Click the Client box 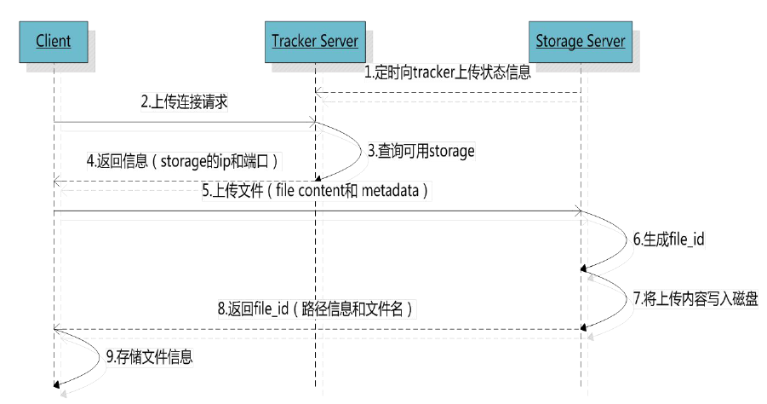(x=54, y=41)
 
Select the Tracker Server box (x=315, y=41)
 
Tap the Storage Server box (x=581, y=41)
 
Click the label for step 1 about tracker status (x=448, y=72)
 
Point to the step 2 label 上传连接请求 (x=184, y=102)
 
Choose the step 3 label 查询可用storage (x=421, y=151)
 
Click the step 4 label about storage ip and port (x=182, y=160)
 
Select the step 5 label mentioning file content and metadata (x=316, y=192)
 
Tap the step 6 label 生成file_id (x=668, y=240)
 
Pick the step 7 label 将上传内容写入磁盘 (x=695, y=298)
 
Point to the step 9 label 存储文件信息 (x=149, y=357)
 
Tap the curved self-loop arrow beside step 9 (x=82, y=357)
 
